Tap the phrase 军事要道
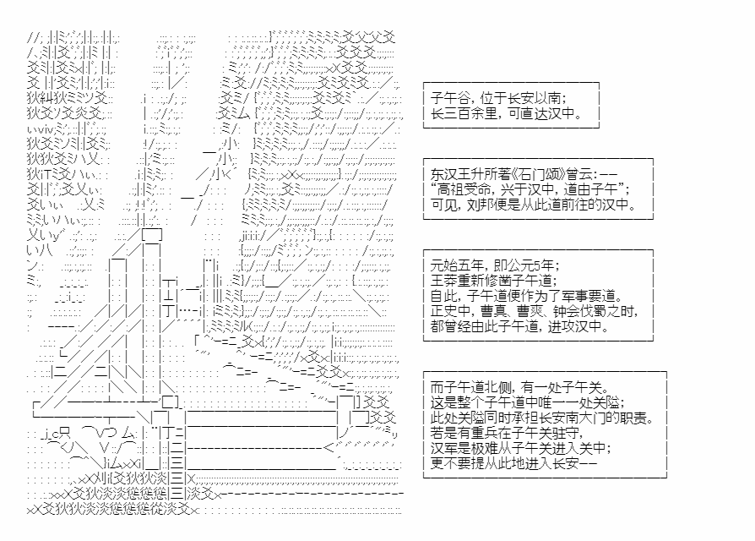pyautogui.click(x=590, y=296)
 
